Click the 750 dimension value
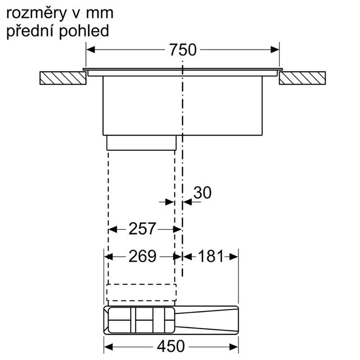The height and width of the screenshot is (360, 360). [x=183, y=49]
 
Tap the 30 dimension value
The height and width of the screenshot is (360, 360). [x=202, y=193]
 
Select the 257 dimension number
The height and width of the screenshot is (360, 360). [x=142, y=229]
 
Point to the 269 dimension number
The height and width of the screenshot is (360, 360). [x=142, y=256]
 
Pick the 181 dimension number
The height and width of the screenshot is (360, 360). [x=211, y=256]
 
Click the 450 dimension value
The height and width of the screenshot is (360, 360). [x=171, y=346]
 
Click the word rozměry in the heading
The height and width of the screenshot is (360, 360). [x=36, y=14]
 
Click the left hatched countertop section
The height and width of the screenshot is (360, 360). [x=63, y=78]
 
